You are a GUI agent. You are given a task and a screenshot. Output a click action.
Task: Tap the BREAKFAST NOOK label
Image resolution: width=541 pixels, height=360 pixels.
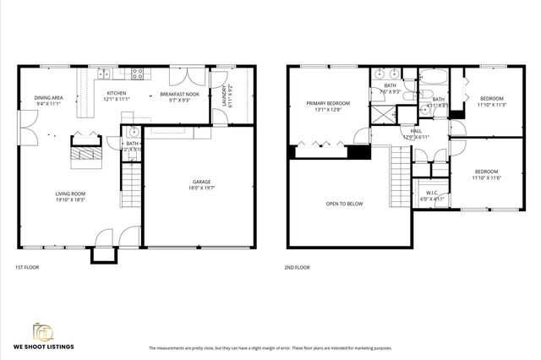(x=179, y=94)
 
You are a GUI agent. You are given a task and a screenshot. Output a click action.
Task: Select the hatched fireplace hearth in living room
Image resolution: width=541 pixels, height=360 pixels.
(x=84, y=153)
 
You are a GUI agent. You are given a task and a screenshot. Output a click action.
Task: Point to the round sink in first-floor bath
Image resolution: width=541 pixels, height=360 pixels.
(x=133, y=132)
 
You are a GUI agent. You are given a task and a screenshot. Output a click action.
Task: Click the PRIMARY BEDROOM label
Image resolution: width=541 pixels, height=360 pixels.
(x=328, y=103)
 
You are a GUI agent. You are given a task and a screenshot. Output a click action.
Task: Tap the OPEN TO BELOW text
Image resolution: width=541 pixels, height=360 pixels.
(x=344, y=204)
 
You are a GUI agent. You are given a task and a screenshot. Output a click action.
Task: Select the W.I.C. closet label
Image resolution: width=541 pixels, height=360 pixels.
(x=431, y=193)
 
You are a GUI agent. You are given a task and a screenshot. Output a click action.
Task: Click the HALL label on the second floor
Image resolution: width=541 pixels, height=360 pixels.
(x=416, y=131)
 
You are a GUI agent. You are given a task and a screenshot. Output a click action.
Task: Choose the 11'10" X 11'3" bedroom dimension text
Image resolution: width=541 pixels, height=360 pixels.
(x=490, y=106)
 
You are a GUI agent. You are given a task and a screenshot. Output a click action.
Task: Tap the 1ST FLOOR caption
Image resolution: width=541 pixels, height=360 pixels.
(x=27, y=267)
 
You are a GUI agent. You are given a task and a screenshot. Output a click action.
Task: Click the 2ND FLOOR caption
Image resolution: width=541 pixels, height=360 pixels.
(x=297, y=267)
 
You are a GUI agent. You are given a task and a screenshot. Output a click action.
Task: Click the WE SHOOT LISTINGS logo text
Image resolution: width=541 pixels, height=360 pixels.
(x=42, y=346)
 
